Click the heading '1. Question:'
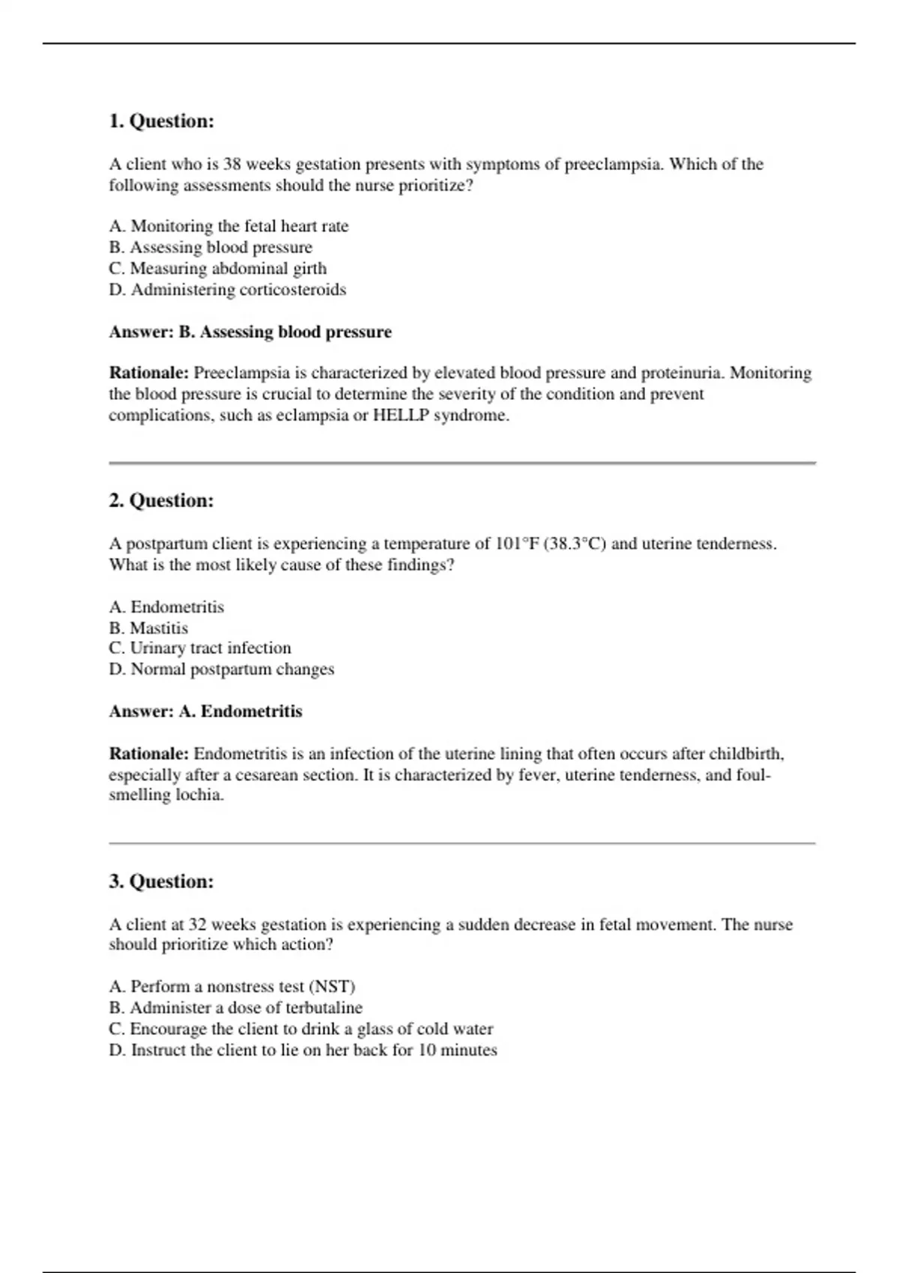(161, 121)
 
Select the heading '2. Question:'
(161, 501)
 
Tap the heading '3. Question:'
(161, 881)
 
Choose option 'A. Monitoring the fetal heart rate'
(228, 226)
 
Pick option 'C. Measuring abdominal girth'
(217, 268)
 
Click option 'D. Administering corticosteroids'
(227, 290)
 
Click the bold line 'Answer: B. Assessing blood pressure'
(249, 332)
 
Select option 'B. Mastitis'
(148, 628)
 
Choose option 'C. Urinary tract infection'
(199, 648)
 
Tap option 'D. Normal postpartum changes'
(221, 669)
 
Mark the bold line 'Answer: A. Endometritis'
(205, 711)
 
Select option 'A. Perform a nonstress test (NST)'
(231, 987)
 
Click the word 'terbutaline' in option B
(324, 1008)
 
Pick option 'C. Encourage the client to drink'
(300, 1029)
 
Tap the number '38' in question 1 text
(232, 165)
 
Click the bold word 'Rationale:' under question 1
(148, 373)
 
